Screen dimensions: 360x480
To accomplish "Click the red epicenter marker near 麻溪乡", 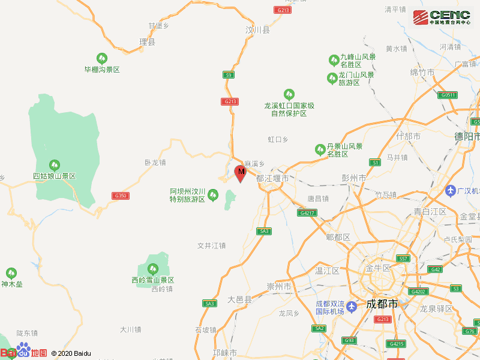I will click(x=240, y=173).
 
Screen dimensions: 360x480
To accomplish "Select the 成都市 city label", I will click(x=382, y=304).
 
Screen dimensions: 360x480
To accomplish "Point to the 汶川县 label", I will click(x=257, y=29).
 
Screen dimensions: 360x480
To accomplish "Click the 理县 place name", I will click(x=147, y=42).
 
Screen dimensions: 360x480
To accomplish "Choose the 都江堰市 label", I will click(x=272, y=179).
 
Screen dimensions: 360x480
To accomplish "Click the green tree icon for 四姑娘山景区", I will click(x=55, y=164).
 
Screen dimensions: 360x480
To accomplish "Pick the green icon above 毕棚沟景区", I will click(x=102, y=58).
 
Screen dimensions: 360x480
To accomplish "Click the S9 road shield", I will click(x=228, y=75).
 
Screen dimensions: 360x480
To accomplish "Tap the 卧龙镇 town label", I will click(x=155, y=162).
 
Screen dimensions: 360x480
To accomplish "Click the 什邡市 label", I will click(x=409, y=136).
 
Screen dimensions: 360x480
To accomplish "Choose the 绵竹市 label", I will click(x=422, y=72).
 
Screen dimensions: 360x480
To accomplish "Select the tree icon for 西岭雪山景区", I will click(x=152, y=269).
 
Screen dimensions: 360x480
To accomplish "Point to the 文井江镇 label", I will click(x=211, y=245).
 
